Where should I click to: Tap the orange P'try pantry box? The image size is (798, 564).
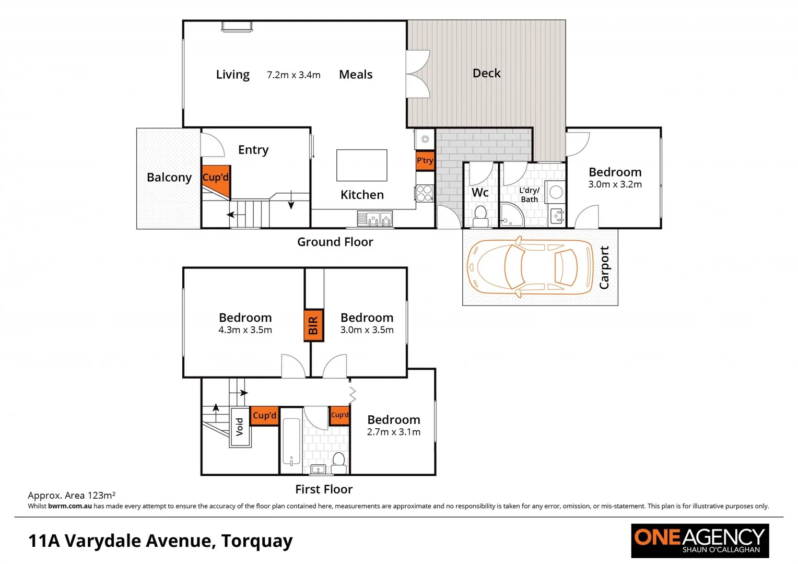point(425,160)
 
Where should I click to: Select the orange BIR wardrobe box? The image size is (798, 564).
point(313,325)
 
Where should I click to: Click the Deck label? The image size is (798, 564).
point(486,74)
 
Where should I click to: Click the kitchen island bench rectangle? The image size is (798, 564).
point(361,165)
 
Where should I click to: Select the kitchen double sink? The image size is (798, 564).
point(374,218)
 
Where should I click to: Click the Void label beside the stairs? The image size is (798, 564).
point(240,427)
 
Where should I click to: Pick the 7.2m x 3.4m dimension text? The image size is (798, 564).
point(294,75)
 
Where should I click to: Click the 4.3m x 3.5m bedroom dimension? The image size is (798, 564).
point(245,330)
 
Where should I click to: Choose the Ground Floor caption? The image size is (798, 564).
point(335,242)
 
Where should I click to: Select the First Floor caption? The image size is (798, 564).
point(324,489)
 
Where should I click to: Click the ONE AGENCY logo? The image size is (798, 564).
point(699,540)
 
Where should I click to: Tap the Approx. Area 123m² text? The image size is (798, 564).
point(72,495)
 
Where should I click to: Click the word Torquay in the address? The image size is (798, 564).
point(256,541)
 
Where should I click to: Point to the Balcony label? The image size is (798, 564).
point(169,178)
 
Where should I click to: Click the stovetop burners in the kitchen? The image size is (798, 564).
point(425,193)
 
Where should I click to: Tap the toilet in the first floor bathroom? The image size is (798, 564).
point(338,461)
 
